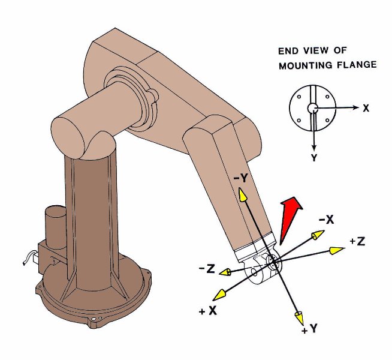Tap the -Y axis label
click(240, 178)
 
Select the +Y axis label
click(309, 329)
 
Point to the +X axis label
click(208, 311)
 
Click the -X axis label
click(326, 220)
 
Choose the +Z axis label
click(357, 241)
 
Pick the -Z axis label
click(207, 268)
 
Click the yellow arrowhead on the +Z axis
click(337, 250)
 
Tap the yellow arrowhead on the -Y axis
click(242, 194)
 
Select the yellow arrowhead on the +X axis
click(219, 295)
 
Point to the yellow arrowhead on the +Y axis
click(300, 318)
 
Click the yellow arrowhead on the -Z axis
click(225, 272)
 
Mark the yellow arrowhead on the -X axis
click(318, 235)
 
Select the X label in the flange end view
click(366, 109)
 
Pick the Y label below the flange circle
click(314, 158)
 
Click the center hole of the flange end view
click(312, 108)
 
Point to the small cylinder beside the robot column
click(56, 227)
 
